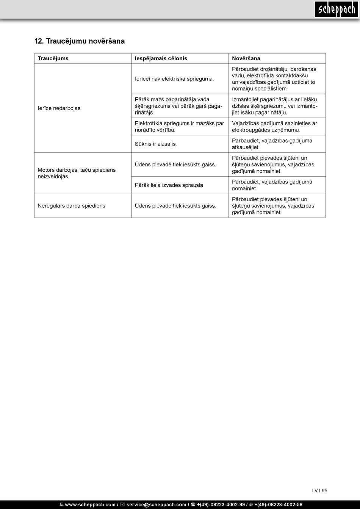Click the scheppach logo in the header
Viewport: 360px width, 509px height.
(x=336, y=9)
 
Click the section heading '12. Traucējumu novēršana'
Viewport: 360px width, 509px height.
(x=80, y=41)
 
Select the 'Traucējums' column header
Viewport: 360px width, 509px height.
(x=53, y=58)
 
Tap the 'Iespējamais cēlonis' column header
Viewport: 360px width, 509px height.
(x=161, y=58)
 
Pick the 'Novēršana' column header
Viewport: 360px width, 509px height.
(x=246, y=58)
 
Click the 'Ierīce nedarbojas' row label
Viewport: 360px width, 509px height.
(x=59, y=108)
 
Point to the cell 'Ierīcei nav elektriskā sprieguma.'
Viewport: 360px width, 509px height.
(x=174, y=79)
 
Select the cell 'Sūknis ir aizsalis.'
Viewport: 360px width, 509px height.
(x=156, y=144)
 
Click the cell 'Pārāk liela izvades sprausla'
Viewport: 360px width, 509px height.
(x=169, y=185)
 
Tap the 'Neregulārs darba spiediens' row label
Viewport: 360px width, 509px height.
(x=71, y=206)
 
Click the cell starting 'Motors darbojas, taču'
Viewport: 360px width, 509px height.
(x=77, y=173)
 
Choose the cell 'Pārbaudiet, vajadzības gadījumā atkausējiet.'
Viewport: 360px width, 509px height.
(x=272, y=144)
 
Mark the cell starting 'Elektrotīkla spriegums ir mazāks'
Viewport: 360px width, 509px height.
(x=179, y=127)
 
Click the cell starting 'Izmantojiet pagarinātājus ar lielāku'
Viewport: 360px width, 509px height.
(x=275, y=106)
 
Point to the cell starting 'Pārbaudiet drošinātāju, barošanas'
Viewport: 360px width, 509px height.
(x=274, y=79)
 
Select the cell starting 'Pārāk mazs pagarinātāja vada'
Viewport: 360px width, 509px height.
(x=178, y=106)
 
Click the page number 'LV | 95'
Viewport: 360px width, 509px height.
(x=319, y=490)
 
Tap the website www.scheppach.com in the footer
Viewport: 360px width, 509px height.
(x=90, y=504)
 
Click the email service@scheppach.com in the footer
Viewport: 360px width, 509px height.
(x=156, y=504)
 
